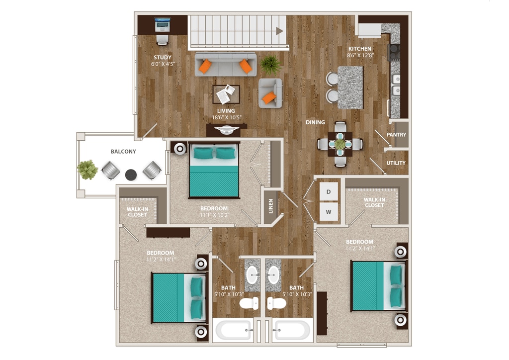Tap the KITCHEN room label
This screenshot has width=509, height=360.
pyautogui.click(x=359, y=49)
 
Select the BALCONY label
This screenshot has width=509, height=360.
pyautogui.click(x=123, y=151)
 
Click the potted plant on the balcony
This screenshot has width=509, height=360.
pyautogui.click(x=87, y=170)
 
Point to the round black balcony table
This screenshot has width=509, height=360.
pyautogui.click(x=131, y=175)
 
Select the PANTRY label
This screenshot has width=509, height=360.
pyautogui.click(x=396, y=135)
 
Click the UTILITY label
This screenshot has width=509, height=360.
pyautogui.click(x=396, y=163)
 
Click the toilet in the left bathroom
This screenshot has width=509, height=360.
pyautogui.click(x=249, y=303)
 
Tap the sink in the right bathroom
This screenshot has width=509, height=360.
pyautogui.click(x=273, y=273)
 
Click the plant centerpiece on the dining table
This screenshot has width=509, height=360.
pyautogui.click(x=340, y=144)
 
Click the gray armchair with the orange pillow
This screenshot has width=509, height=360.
pyautogui.click(x=270, y=93)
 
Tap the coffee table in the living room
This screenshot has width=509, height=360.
pyautogui.click(x=226, y=93)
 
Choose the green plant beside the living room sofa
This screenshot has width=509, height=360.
pyautogui.click(x=270, y=64)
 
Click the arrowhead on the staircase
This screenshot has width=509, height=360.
pyautogui.click(x=280, y=31)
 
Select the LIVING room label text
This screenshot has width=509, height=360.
pyautogui.click(x=226, y=111)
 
